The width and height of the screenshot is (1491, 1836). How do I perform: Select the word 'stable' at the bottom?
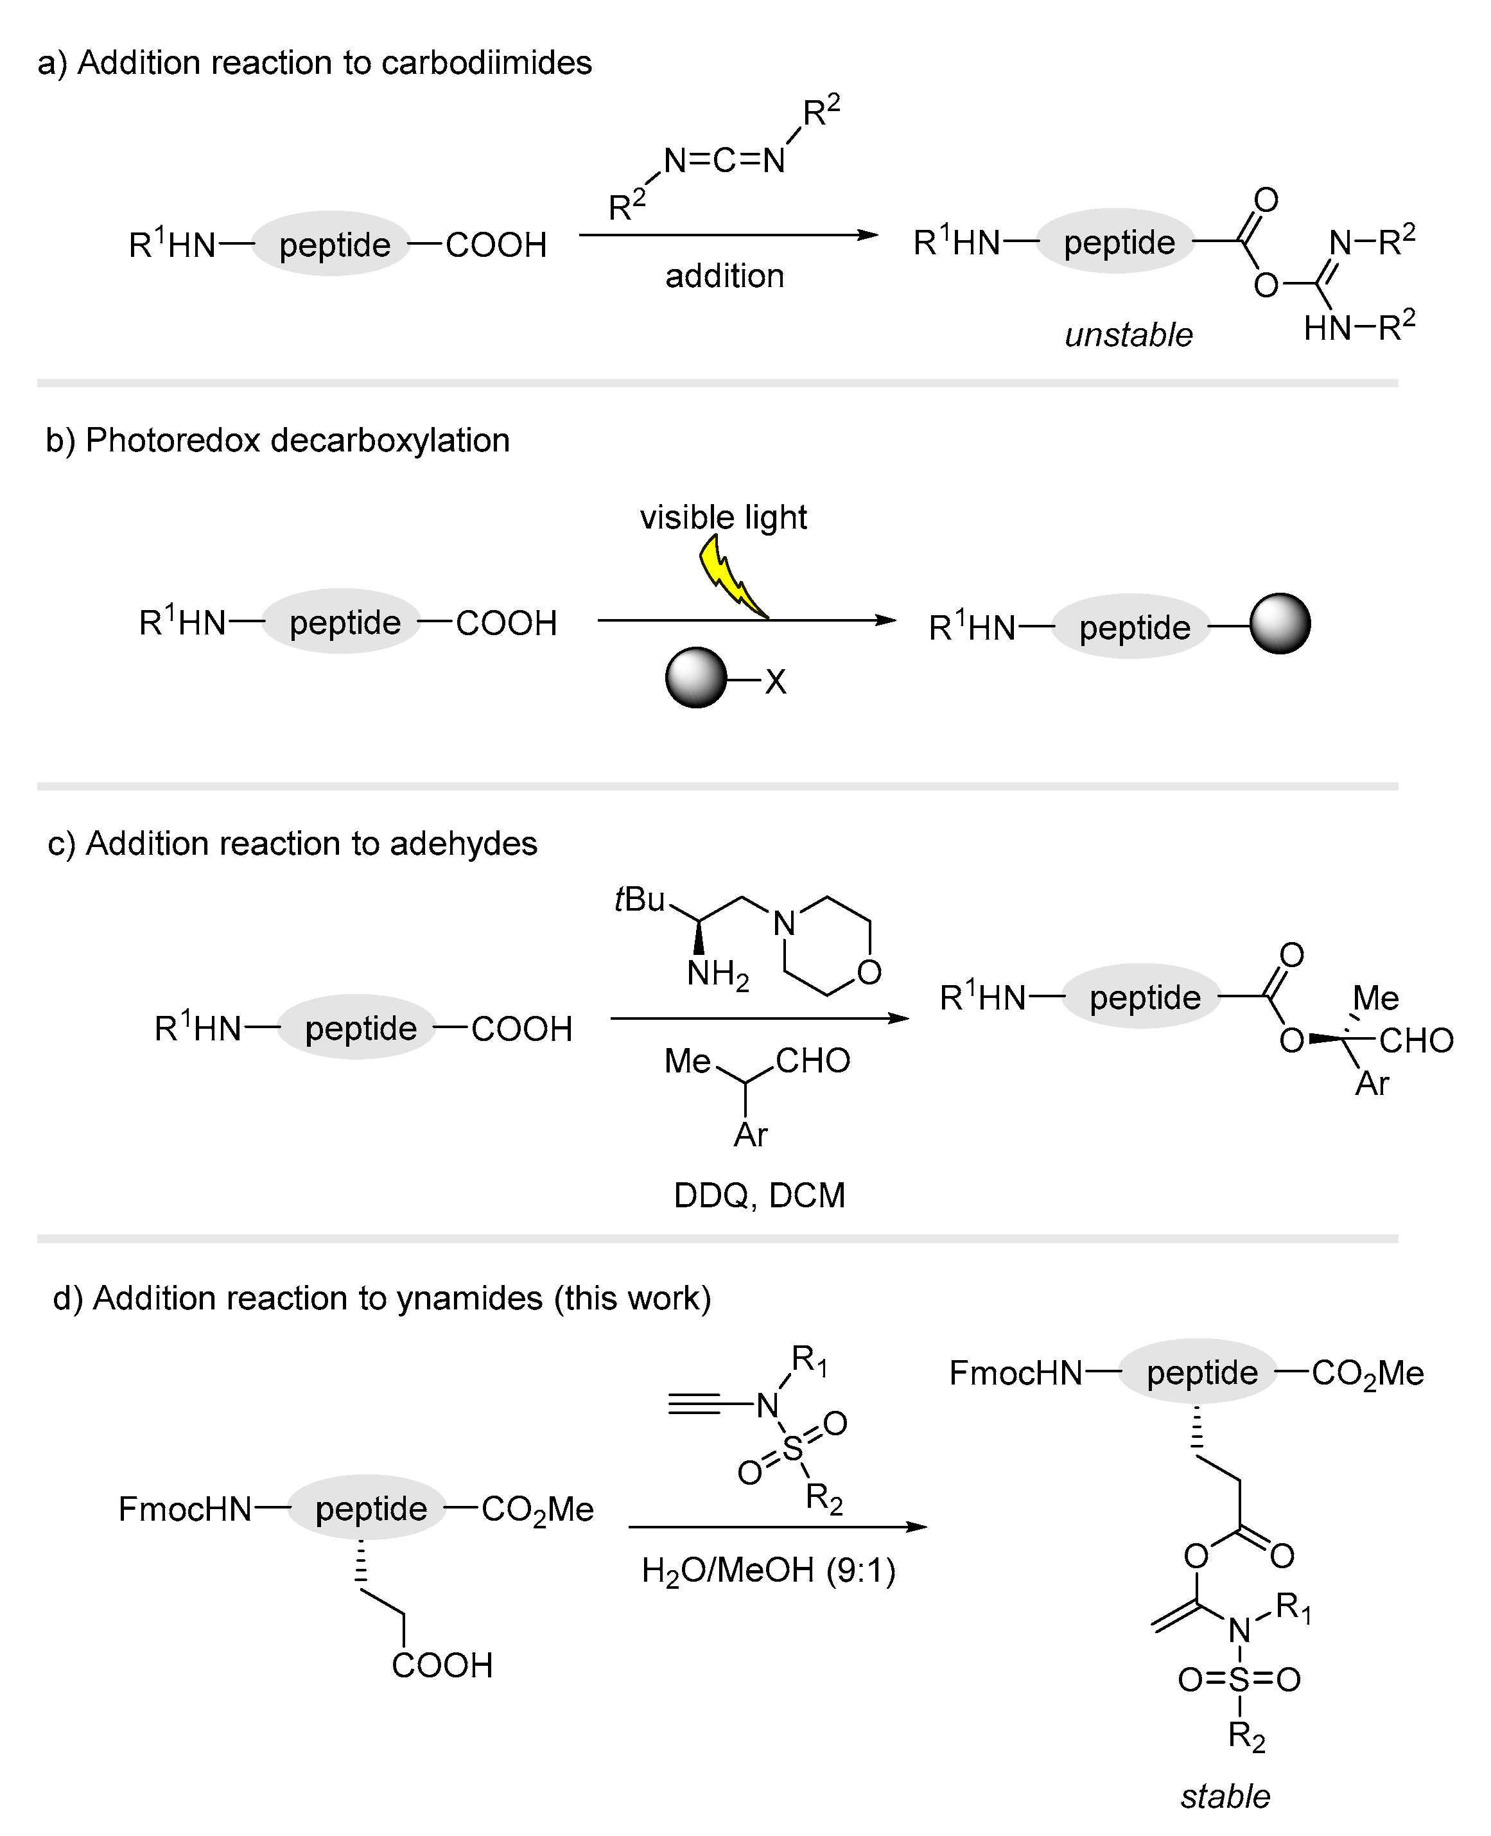(x=1225, y=1796)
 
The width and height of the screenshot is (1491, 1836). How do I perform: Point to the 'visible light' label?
(x=723, y=517)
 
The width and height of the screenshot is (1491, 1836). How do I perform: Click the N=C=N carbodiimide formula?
(x=724, y=161)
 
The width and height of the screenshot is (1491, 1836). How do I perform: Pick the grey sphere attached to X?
(x=695, y=678)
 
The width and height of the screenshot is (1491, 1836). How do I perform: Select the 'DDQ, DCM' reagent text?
(x=759, y=1195)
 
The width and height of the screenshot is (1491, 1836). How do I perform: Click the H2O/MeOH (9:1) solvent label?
(x=768, y=1571)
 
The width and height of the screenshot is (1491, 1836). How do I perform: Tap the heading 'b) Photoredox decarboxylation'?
(x=277, y=441)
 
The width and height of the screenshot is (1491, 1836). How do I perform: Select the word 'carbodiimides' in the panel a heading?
(x=486, y=63)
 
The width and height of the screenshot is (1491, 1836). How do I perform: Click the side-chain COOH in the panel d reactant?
(x=442, y=1665)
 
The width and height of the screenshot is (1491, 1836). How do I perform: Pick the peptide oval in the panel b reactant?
(x=344, y=622)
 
